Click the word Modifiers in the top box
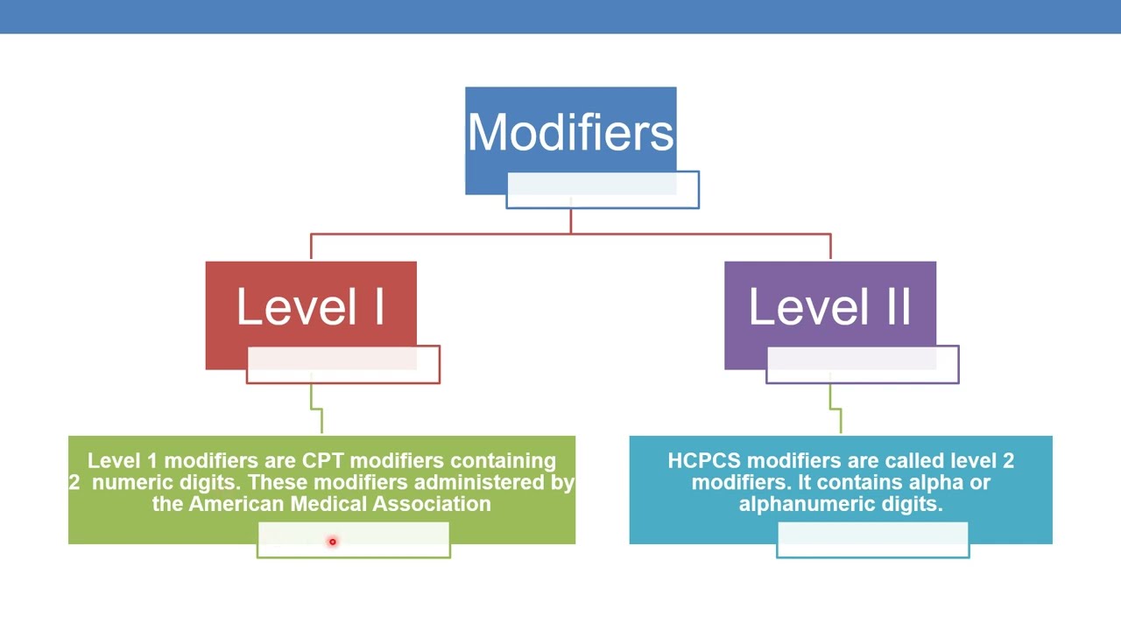570,133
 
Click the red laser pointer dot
332,542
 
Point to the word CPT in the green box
322,461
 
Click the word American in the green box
236,504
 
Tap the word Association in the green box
432,504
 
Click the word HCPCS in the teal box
703,461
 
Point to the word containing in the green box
503,461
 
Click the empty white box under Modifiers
603,191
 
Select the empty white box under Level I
343,365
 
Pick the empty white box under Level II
863,365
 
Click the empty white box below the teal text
872,540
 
